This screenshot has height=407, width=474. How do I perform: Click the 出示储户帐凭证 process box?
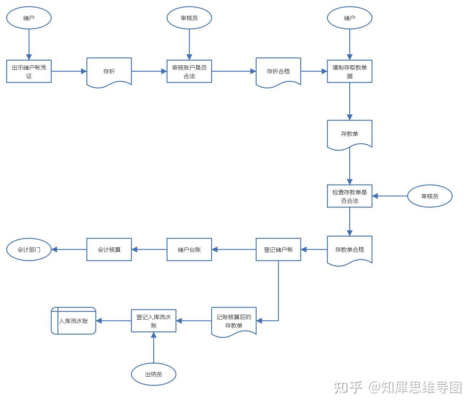[x=29, y=71]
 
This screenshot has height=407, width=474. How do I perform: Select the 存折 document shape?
[x=109, y=72]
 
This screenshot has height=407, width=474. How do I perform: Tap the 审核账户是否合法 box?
[x=189, y=71]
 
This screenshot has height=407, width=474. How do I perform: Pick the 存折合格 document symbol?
[x=278, y=72]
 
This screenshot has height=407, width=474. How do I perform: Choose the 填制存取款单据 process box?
[x=350, y=71]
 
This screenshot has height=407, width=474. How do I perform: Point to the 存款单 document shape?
[x=350, y=134]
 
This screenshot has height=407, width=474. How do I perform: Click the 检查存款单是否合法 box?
[x=350, y=196]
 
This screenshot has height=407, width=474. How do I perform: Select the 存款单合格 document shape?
[x=350, y=250]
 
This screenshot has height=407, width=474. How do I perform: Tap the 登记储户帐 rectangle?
[x=278, y=249]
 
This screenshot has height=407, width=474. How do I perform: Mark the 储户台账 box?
[x=189, y=249]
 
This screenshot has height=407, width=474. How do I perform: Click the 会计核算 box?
[x=109, y=249]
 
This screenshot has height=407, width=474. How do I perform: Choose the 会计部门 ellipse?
[x=29, y=249]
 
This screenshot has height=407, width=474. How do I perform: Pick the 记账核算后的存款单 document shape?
[x=234, y=321]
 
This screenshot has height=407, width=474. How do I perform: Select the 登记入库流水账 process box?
[x=154, y=321]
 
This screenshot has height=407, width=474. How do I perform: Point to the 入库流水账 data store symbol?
[x=73, y=321]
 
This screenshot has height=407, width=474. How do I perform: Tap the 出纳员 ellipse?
[x=154, y=374]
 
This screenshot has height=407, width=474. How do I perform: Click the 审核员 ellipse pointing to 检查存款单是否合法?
[x=430, y=196]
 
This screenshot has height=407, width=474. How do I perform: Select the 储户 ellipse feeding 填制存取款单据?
[x=350, y=18]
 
